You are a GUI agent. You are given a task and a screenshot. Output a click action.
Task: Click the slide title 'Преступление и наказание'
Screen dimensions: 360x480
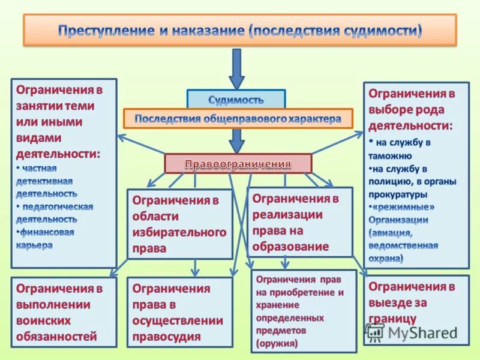point(239,30)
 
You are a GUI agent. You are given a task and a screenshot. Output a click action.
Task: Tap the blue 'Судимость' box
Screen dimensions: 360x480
point(236,99)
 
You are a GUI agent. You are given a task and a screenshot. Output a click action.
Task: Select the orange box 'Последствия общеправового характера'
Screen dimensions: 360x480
point(238,118)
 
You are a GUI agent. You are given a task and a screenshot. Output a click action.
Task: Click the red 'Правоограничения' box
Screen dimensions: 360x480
point(238,163)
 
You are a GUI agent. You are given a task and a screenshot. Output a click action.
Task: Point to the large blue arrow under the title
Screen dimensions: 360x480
point(237,69)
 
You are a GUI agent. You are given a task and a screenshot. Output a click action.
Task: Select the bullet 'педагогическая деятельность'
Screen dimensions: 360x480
point(55,212)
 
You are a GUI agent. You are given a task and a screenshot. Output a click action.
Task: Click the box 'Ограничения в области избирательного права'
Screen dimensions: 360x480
point(179,224)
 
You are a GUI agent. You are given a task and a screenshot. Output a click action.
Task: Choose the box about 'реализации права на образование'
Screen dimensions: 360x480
point(299,221)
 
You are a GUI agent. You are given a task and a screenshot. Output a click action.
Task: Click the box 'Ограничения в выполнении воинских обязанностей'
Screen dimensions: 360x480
point(64,312)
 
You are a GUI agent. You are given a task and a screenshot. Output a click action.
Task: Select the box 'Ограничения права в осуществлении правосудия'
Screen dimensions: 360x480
point(179,312)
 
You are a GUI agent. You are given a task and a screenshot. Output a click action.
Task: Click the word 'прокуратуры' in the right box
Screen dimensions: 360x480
point(398,194)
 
